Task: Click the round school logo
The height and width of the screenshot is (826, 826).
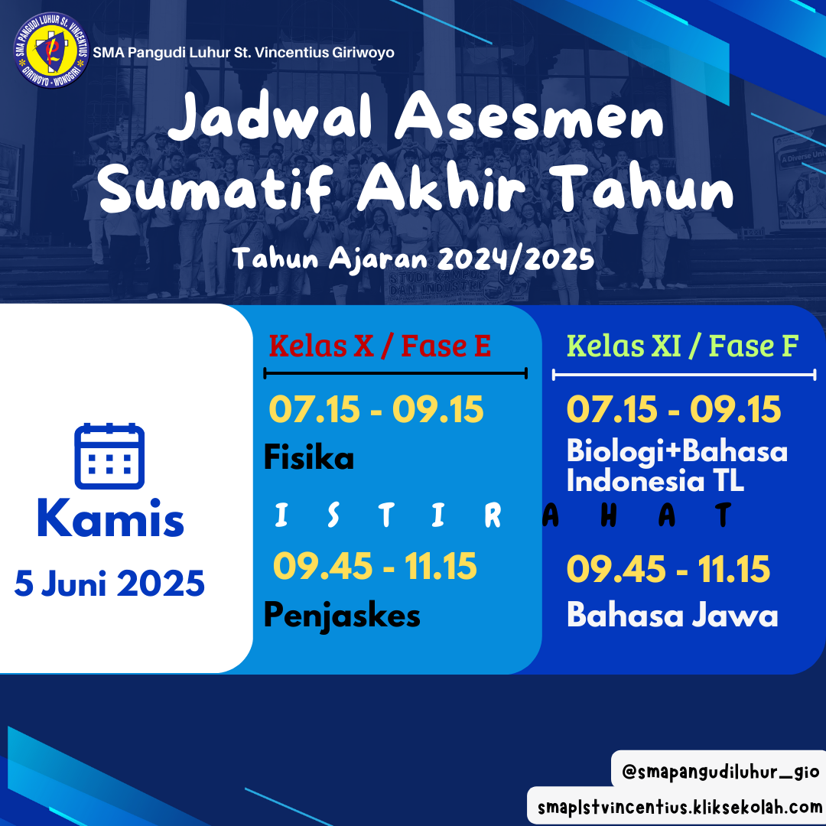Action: tap(51, 50)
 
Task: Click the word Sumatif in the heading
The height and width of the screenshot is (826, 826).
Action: tap(216, 187)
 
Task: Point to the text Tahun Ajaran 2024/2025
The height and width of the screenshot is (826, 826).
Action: tap(414, 259)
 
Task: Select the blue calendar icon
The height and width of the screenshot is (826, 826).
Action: tap(109, 456)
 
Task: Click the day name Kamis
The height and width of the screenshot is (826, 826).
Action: tap(111, 519)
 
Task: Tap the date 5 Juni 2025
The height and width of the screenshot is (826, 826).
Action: tap(109, 584)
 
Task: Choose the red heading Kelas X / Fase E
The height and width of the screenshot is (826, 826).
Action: tap(380, 346)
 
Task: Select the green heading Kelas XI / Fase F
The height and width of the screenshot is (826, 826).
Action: tap(683, 346)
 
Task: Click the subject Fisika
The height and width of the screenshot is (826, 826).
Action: tap(309, 457)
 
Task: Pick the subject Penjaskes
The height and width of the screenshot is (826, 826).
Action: tap(342, 615)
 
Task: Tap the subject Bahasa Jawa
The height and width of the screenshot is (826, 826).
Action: tap(672, 615)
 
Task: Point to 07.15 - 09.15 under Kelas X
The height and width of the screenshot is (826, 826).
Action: tap(376, 409)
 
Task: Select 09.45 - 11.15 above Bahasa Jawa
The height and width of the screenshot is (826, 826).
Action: tap(668, 570)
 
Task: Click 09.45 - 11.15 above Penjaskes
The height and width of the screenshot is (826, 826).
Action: tap(375, 566)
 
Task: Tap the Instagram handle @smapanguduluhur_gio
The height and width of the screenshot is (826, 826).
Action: tap(720, 772)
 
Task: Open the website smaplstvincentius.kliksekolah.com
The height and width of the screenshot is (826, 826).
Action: tap(680, 807)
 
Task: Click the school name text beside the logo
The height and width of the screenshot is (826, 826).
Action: tap(243, 53)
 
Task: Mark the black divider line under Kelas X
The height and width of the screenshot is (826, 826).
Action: tap(395, 373)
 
